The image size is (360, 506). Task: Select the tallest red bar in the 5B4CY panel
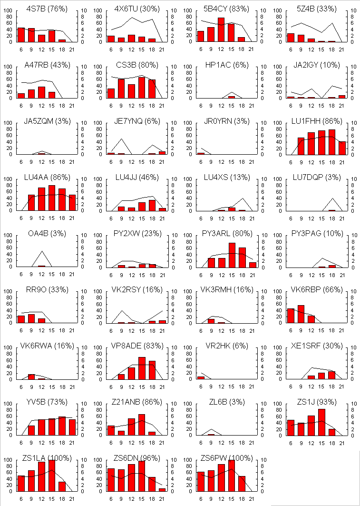(221, 30)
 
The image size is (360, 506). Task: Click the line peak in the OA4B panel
(42, 251)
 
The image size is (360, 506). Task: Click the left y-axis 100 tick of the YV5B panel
(9, 404)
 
